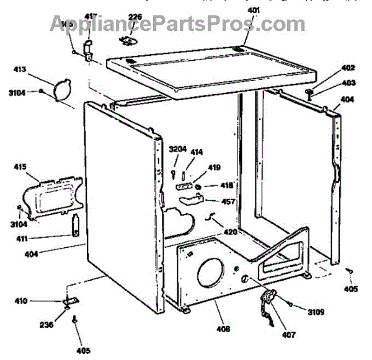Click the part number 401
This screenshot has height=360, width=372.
[254, 10]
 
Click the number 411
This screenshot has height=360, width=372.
[24, 239]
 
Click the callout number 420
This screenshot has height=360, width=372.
[231, 232]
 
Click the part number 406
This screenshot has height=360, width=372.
[223, 328]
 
